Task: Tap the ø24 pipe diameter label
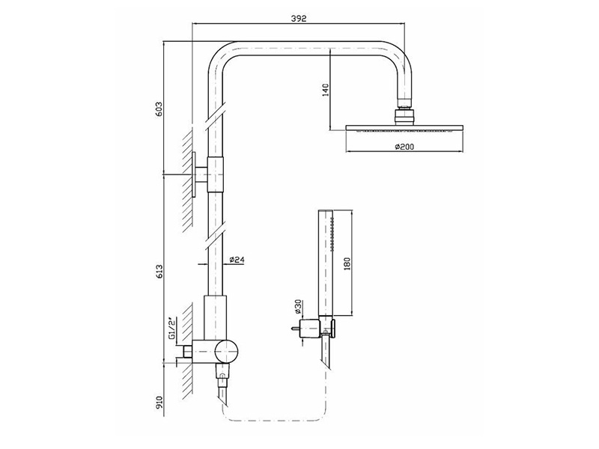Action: click(237, 260)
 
